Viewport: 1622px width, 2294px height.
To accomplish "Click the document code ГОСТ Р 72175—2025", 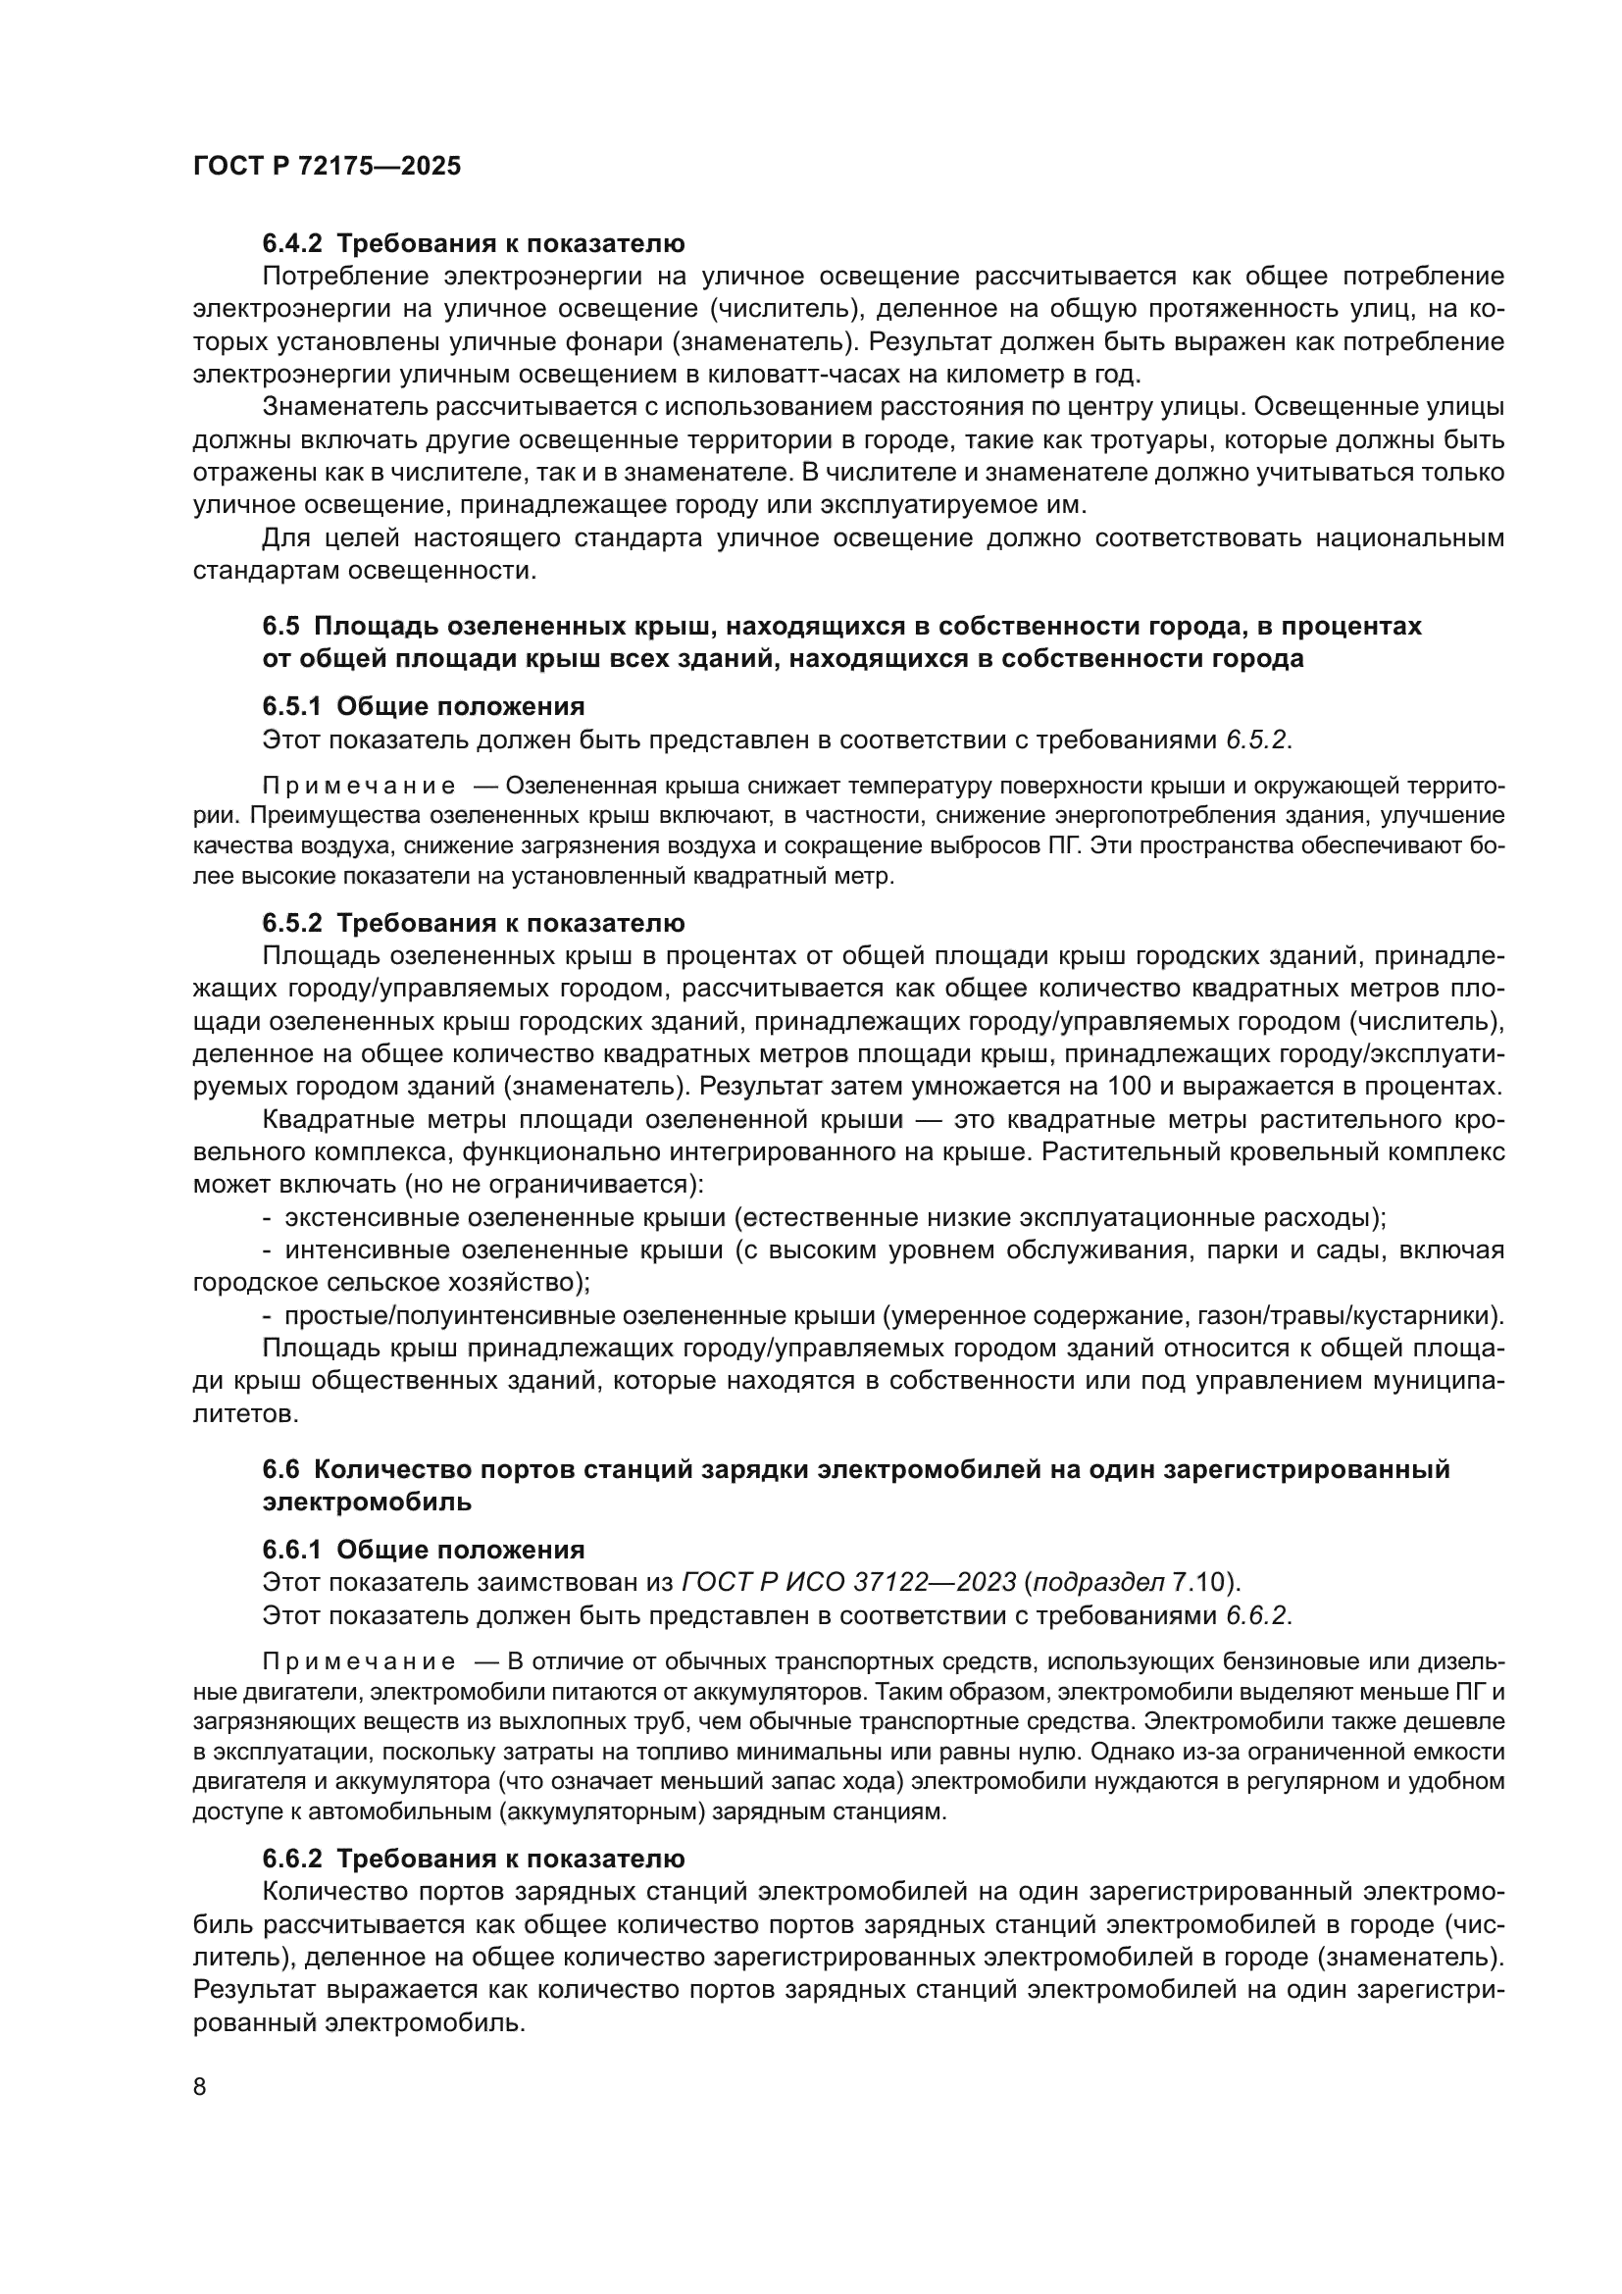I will coord(327,166).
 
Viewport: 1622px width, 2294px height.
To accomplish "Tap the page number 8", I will coord(200,2087).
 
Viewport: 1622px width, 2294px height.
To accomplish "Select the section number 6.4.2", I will coord(291,244).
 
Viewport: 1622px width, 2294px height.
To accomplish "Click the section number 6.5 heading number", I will coord(280,627).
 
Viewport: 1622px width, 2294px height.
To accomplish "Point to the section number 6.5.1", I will coord(291,706).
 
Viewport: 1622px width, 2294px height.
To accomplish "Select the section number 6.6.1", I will coord(291,1550).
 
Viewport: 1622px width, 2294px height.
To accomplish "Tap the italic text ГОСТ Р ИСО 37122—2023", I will coord(848,1583).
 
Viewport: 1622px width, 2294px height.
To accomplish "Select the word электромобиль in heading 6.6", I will coord(367,1502).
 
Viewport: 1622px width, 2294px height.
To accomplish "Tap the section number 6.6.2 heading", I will coord(291,1860).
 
